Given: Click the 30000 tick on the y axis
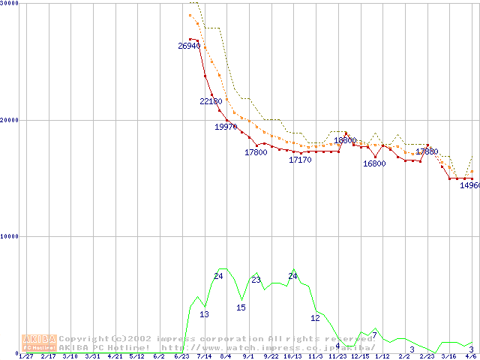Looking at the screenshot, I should click(10, 4).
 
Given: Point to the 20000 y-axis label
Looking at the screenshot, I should click(10, 120).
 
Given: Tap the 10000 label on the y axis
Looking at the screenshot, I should click(10, 236).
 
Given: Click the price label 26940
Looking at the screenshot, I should click(189, 46).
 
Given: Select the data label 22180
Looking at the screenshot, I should click(211, 101).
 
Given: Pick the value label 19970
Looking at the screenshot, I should click(226, 127).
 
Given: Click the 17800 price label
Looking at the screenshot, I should click(256, 152).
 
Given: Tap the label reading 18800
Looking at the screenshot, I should click(345, 140).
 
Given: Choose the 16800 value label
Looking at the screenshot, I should click(374, 163).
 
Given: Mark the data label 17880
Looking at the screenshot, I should click(427, 151).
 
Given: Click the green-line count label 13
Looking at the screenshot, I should click(204, 314).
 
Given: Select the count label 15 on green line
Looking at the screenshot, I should click(241, 307).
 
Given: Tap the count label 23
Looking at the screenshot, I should click(256, 280).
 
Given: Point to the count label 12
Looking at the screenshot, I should click(315, 318).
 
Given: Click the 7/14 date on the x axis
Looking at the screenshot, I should click(203, 356).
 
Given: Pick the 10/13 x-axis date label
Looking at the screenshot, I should click(293, 356).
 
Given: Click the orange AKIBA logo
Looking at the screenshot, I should click(39, 343).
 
